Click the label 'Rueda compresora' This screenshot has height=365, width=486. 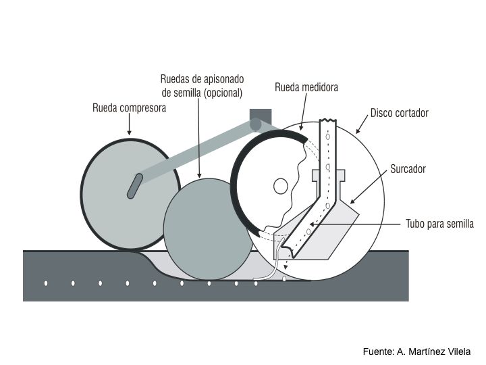coord(129,107)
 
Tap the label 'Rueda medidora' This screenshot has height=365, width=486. coord(306,87)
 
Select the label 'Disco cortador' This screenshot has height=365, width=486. coord(400,113)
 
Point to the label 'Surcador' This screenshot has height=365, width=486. coord(408,168)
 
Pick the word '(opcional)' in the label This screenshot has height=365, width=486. coord(220,92)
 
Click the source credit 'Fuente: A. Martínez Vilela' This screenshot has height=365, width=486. coord(416,351)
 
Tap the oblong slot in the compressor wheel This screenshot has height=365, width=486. coord(134,186)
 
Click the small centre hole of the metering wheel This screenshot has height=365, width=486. coord(280,185)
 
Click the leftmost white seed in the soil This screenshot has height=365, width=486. coord(46,283)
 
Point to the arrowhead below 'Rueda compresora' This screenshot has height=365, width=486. coord(129,135)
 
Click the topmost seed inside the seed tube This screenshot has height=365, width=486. coord(328,136)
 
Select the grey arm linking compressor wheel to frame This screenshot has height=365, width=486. coord(196,149)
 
